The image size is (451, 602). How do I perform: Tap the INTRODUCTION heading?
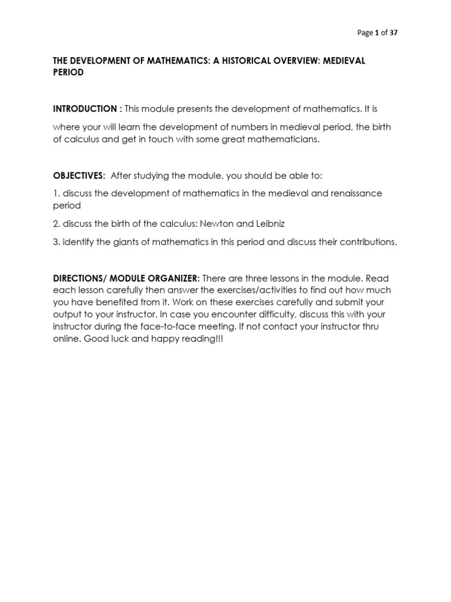coord(85,109)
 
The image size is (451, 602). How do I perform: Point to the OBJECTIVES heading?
coord(79,176)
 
